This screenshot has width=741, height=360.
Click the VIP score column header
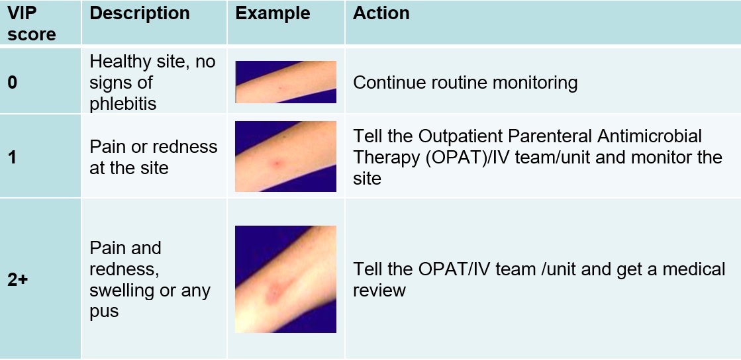(x=31, y=23)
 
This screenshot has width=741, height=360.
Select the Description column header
(x=140, y=13)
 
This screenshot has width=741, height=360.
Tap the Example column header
(x=273, y=13)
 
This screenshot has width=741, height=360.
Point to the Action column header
(x=381, y=13)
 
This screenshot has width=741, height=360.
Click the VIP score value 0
(x=13, y=83)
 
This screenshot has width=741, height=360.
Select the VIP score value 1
(x=12, y=157)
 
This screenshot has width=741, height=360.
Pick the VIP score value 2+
(x=17, y=279)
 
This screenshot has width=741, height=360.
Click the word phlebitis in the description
(x=123, y=103)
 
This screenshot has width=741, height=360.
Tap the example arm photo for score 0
(x=286, y=82)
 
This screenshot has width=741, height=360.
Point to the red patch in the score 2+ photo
(x=276, y=291)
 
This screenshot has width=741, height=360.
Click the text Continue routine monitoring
(x=465, y=83)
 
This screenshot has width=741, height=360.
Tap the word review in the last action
(x=379, y=290)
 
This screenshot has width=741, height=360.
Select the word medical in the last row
(x=694, y=269)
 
